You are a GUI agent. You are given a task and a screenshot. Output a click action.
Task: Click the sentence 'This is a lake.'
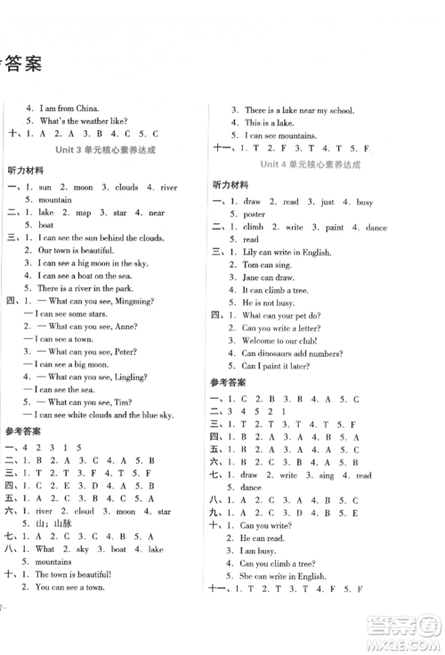(x=271, y=122)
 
